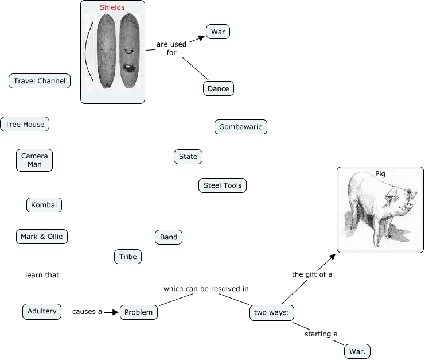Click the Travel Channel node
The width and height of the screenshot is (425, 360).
point(40,81)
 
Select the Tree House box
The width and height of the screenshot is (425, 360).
point(25,124)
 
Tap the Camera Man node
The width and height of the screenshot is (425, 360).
point(34,160)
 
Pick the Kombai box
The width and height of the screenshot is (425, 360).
point(44,205)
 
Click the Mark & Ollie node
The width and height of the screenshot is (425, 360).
point(42,237)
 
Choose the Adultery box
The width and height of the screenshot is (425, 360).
point(42,312)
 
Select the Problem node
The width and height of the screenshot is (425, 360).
point(139,312)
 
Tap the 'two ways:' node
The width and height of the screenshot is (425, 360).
point(273,313)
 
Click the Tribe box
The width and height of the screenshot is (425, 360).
point(128,257)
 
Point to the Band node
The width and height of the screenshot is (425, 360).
point(169,237)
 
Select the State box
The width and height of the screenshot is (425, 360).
point(188,157)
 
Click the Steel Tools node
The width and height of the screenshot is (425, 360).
point(223,185)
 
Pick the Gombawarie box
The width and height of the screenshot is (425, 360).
point(241,127)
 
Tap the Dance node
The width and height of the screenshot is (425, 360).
point(219,89)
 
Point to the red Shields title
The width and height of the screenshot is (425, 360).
point(112,7)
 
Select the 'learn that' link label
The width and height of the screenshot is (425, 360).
point(42,275)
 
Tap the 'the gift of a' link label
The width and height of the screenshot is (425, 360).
point(312,274)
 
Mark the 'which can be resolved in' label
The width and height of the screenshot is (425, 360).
point(206,288)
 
